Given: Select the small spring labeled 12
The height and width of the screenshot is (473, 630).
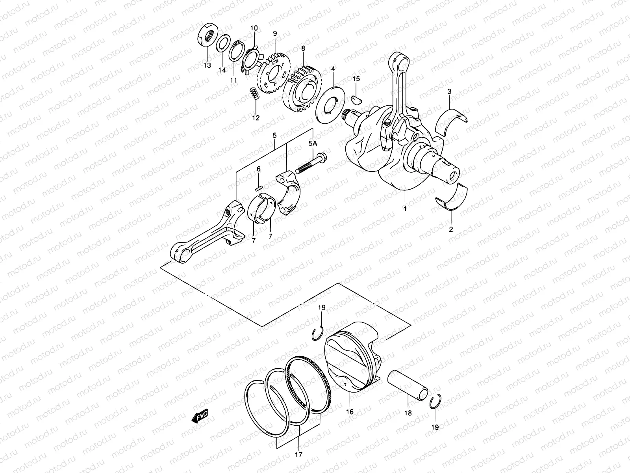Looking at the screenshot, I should [254, 94].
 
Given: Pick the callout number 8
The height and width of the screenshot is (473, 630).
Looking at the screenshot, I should [303, 48].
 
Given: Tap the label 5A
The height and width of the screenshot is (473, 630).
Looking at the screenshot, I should [313, 144].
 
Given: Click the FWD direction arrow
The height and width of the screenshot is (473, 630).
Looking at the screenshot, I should [199, 416].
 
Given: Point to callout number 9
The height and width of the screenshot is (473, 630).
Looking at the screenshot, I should [275, 34].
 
